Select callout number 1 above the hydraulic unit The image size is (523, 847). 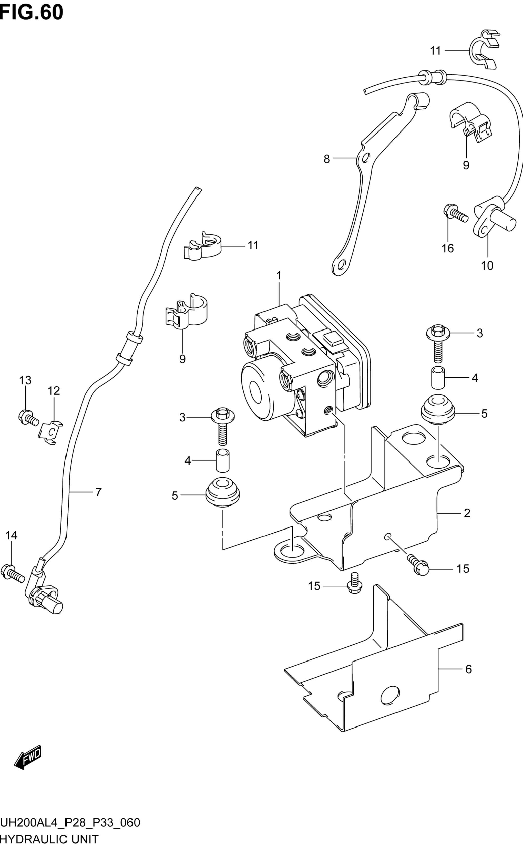pyautogui.click(x=279, y=276)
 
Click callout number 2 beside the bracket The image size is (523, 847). pyautogui.click(x=467, y=513)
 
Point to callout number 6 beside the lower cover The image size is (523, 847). pyautogui.click(x=468, y=669)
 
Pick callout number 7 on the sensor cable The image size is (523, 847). pyautogui.click(x=99, y=492)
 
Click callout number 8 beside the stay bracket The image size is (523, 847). pyautogui.click(x=326, y=159)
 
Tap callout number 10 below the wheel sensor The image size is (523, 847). pyautogui.click(x=487, y=266)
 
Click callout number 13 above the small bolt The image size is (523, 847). pyautogui.click(x=25, y=380)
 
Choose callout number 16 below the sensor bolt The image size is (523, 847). pyautogui.click(x=448, y=248)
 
